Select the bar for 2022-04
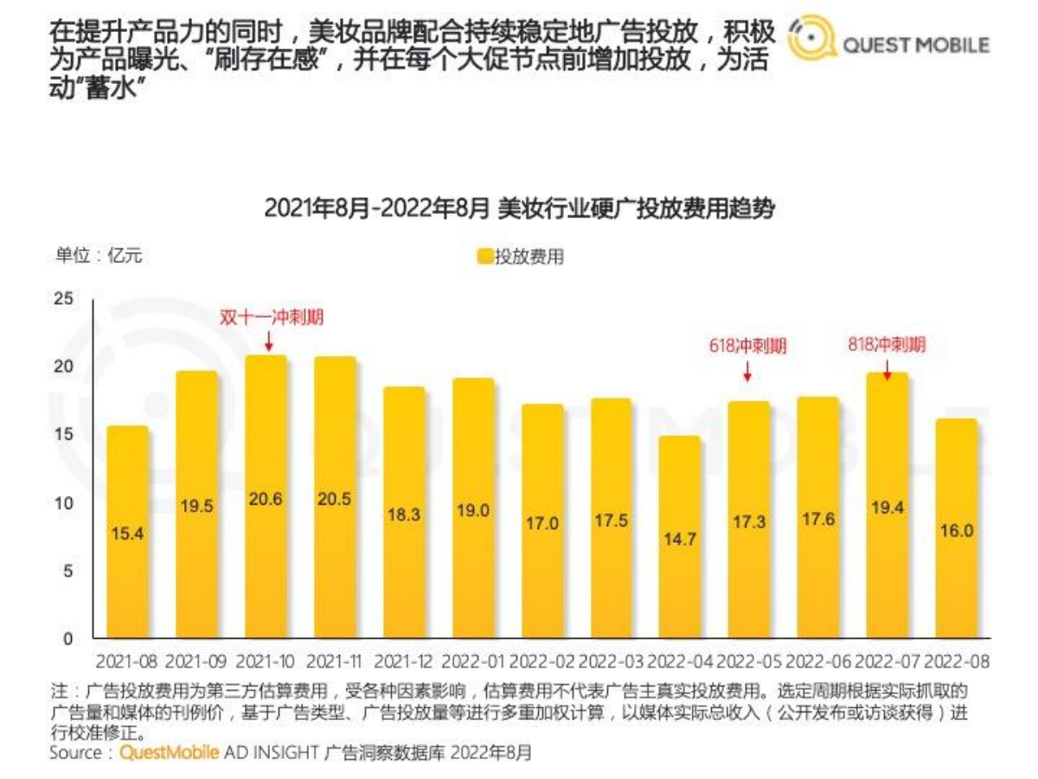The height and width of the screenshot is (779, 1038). pos(680,537)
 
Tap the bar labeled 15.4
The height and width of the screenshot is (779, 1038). pos(127,532)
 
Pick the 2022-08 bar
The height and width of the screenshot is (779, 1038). pos(956,528)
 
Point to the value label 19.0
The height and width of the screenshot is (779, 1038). pos(473,511)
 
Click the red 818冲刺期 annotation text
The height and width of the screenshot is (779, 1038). pos(886,344)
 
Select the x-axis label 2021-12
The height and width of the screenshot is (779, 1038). pos(404,662)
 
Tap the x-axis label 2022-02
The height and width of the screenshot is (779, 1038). pos(542,662)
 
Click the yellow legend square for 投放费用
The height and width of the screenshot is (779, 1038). pos(484,256)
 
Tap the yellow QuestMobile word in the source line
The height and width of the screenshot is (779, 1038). pos(169,752)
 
